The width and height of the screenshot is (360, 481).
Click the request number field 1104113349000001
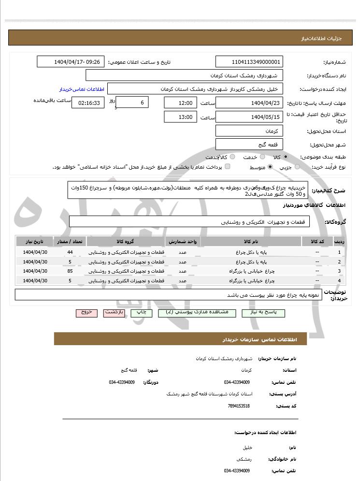249,62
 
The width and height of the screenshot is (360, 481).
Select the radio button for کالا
286,157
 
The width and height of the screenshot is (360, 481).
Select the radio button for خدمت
262,157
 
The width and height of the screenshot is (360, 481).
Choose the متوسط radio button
270,167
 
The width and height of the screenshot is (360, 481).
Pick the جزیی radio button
297,167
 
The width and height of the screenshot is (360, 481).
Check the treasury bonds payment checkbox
228,167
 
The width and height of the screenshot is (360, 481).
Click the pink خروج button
86,313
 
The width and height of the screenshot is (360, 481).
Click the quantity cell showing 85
70,271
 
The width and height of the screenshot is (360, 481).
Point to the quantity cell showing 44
70,252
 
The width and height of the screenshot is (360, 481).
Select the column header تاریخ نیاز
35,241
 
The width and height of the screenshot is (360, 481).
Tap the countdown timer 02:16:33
88,103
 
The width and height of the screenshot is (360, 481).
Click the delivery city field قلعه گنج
249,144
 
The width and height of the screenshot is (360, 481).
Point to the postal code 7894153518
239,406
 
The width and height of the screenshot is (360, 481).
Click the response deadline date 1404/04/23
249,103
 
